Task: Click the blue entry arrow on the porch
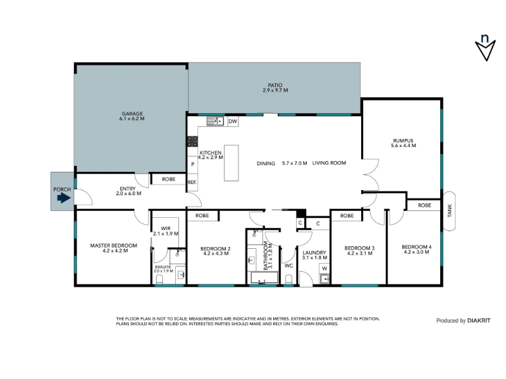pyautogui.click(x=64, y=198)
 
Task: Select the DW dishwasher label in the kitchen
pyautogui.click(x=233, y=121)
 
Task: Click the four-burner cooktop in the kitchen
pyautogui.click(x=193, y=141)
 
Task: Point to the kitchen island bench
pyautogui.click(x=231, y=163)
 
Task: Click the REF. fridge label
pyautogui.click(x=192, y=182)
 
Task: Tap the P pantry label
pyautogui.click(x=193, y=164)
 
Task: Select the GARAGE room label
pyautogui.click(x=132, y=114)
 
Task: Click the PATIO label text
pyautogui.click(x=275, y=85)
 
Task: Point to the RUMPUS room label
pyautogui.click(x=403, y=140)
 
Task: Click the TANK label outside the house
pyautogui.click(x=450, y=211)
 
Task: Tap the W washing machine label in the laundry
pyautogui.click(x=324, y=268)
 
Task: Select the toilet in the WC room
pyautogui.click(x=289, y=279)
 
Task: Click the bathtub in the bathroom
pyautogui.click(x=262, y=278)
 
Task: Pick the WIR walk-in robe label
pyautogui.click(x=166, y=229)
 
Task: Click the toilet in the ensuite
pyautogui.click(x=160, y=279)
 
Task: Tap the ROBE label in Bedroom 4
pyautogui.click(x=424, y=205)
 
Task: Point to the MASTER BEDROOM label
pyautogui.click(x=114, y=246)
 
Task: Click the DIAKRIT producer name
pyautogui.click(x=479, y=320)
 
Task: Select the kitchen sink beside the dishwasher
pyautogui.click(x=215, y=121)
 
